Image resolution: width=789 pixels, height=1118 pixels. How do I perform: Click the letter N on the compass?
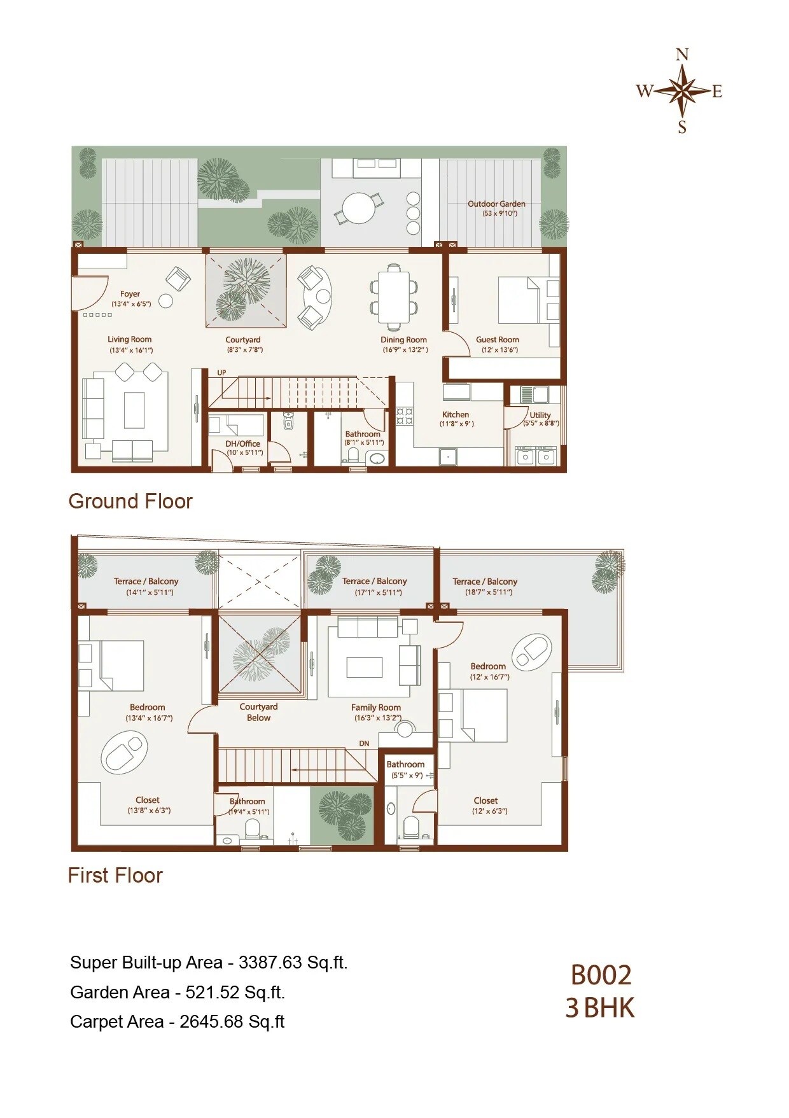tap(682, 55)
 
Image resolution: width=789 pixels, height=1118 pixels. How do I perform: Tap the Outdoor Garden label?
tap(496, 204)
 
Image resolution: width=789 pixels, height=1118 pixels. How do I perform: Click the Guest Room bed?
tap(519, 300)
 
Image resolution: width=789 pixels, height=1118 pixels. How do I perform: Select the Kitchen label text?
tap(456, 415)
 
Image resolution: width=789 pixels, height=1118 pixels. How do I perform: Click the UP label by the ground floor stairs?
tap(221, 373)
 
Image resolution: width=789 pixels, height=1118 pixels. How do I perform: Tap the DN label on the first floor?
tap(364, 743)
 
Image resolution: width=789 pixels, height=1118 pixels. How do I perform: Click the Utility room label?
tap(540, 415)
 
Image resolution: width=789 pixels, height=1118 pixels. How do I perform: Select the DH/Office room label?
tap(243, 444)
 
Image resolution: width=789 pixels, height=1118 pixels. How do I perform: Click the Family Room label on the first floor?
tap(376, 708)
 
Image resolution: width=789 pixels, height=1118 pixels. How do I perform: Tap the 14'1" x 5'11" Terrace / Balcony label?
tap(146, 582)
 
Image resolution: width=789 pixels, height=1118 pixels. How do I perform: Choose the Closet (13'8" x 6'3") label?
tap(148, 800)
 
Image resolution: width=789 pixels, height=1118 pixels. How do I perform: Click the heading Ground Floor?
tap(130, 501)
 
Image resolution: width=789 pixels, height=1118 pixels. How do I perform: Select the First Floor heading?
tap(115, 876)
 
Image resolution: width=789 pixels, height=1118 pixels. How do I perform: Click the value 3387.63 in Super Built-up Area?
tap(270, 963)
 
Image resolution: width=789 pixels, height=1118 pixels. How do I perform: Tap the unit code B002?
tap(601, 975)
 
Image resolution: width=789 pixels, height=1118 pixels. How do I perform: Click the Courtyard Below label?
tap(258, 712)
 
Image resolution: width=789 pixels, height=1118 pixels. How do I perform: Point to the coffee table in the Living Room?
tap(134, 410)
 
